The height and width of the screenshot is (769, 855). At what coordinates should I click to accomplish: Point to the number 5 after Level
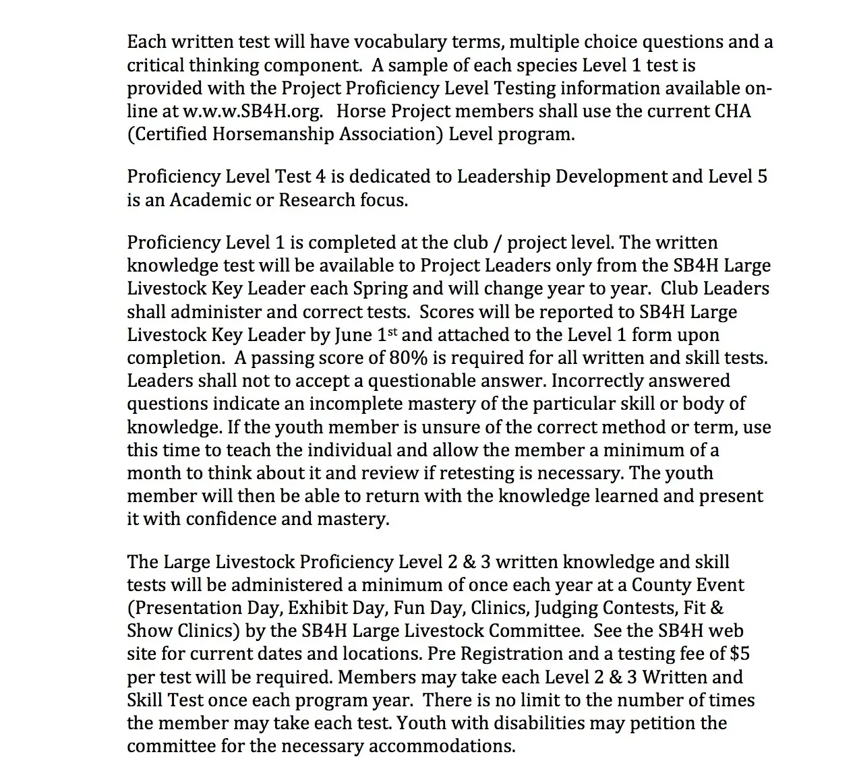(762, 177)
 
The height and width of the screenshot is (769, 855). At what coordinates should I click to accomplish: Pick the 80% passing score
(407, 357)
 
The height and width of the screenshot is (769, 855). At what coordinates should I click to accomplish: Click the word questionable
(431, 381)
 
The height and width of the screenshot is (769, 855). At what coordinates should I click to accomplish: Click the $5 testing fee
(740, 654)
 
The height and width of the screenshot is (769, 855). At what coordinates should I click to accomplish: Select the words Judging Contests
(606, 608)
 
